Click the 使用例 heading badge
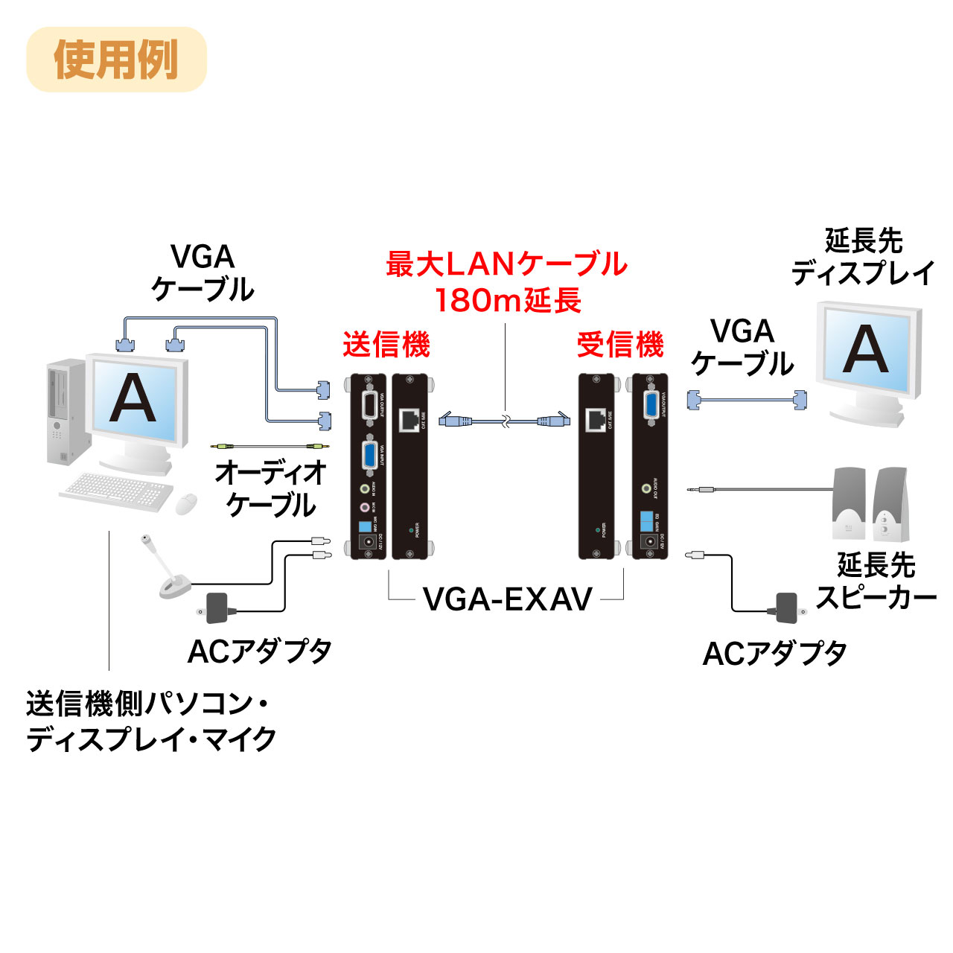[116, 60]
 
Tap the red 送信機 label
[386, 345]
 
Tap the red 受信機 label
[620, 345]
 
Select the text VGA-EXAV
[507, 599]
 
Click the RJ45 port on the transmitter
[409, 420]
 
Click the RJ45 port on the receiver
[596, 420]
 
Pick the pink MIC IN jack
[365, 508]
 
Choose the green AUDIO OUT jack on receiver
[646, 489]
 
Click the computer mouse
[186, 504]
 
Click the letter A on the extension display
[866, 349]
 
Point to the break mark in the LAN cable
[506, 421]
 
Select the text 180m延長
[507, 301]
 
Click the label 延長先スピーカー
[876, 581]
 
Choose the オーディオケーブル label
[271, 488]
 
